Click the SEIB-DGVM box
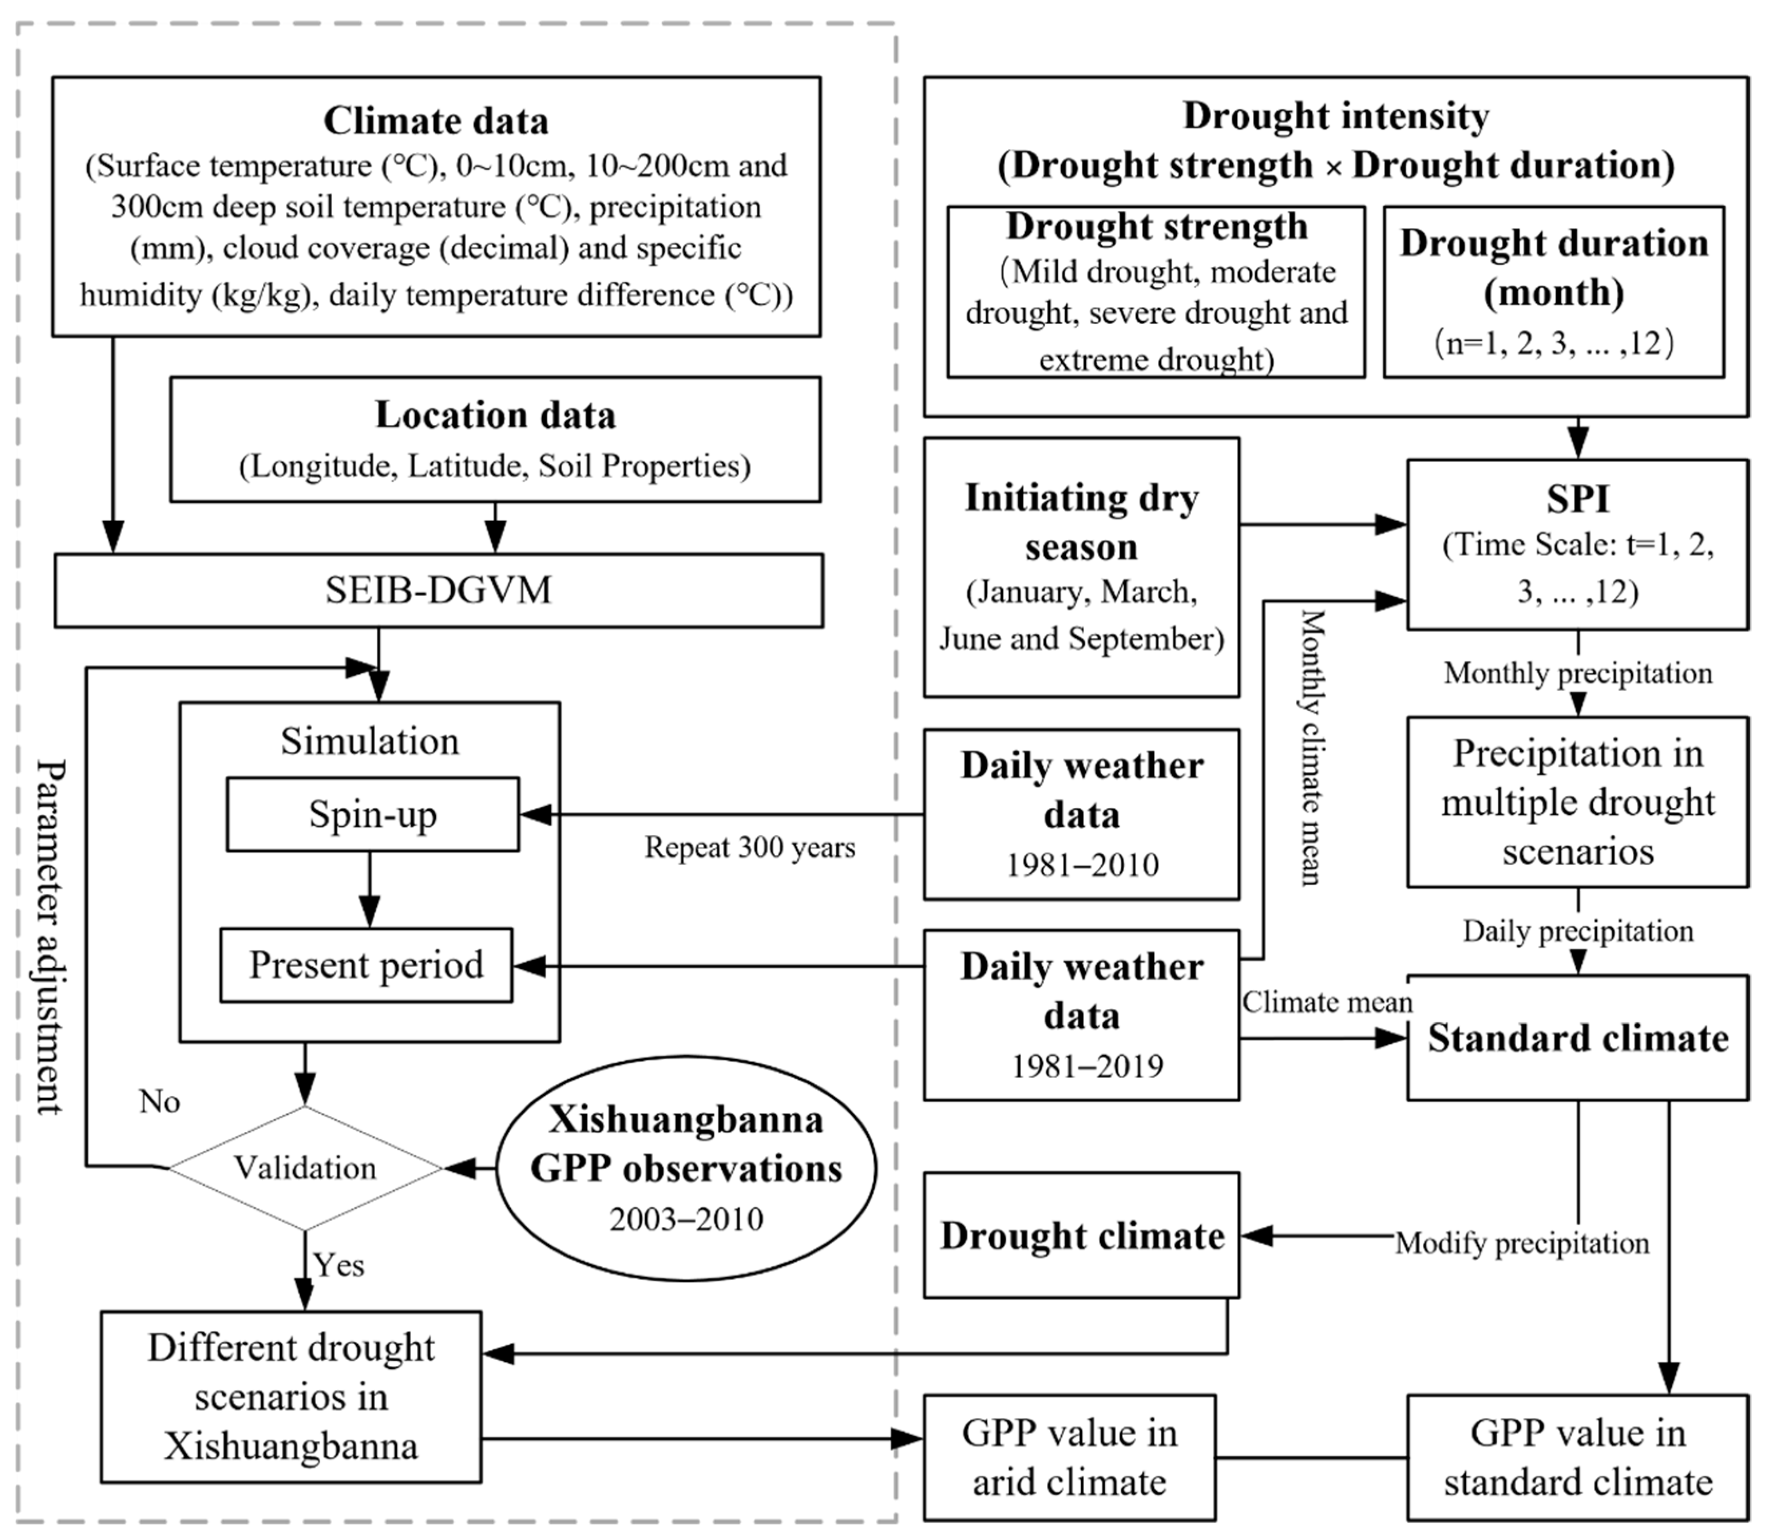pos(438,590)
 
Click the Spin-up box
pos(372,814)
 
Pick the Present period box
pos(366,965)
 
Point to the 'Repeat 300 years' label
pos(750,847)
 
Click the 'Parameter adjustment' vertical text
pos(50,935)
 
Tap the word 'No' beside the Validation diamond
pos(159,1101)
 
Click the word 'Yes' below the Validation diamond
pos(339,1265)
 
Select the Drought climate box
pos(1082,1235)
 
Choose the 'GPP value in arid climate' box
pos(1069,1457)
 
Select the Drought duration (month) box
pos(1553,292)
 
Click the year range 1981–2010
pos(1082,865)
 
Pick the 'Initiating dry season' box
pos(1082,567)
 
